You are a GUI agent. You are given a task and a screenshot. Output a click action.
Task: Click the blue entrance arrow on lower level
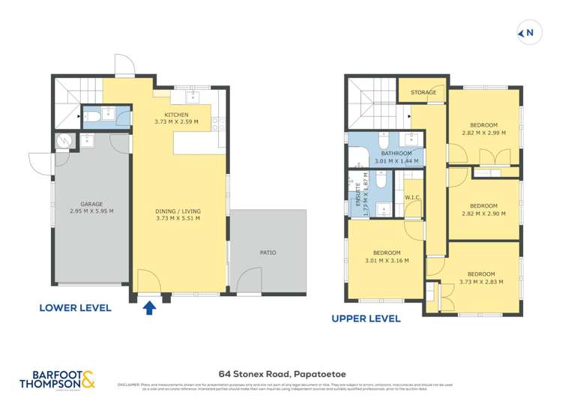[x=148, y=307]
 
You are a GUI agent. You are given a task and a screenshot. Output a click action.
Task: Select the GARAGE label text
[x=92, y=203]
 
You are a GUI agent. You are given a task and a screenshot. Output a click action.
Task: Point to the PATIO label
[x=268, y=253]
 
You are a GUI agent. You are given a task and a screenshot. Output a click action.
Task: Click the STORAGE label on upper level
[x=423, y=93]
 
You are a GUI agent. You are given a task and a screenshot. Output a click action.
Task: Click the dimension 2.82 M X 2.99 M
[x=483, y=132]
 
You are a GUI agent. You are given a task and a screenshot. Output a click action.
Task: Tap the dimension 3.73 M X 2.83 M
[x=480, y=282]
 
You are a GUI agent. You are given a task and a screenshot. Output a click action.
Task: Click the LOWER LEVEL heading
[x=75, y=307]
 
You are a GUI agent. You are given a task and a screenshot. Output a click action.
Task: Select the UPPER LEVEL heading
[x=366, y=319]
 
